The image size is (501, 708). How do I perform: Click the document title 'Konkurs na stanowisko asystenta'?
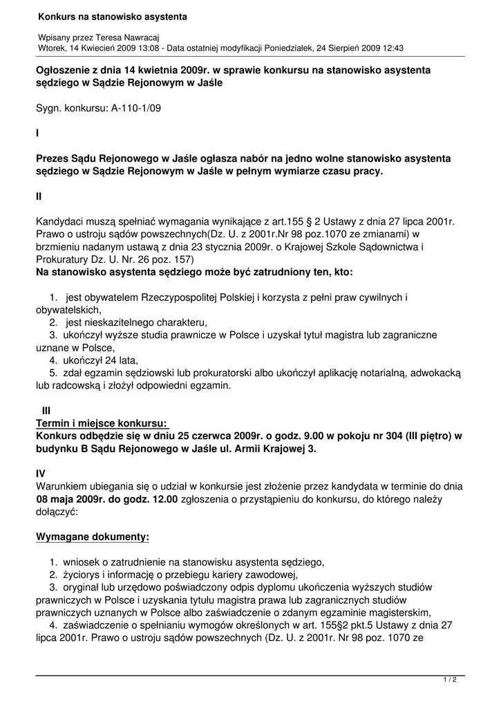tap(113, 15)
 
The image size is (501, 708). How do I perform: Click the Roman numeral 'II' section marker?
tap(39, 196)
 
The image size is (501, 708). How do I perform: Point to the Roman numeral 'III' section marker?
tap(47, 410)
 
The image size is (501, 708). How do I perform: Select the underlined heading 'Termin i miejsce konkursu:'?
tap(102, 422)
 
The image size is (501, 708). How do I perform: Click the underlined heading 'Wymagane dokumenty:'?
tap(92, 537)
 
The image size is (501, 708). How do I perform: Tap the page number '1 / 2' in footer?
tap(450, 680)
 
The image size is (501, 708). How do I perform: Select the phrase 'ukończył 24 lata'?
tap(101, 360)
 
